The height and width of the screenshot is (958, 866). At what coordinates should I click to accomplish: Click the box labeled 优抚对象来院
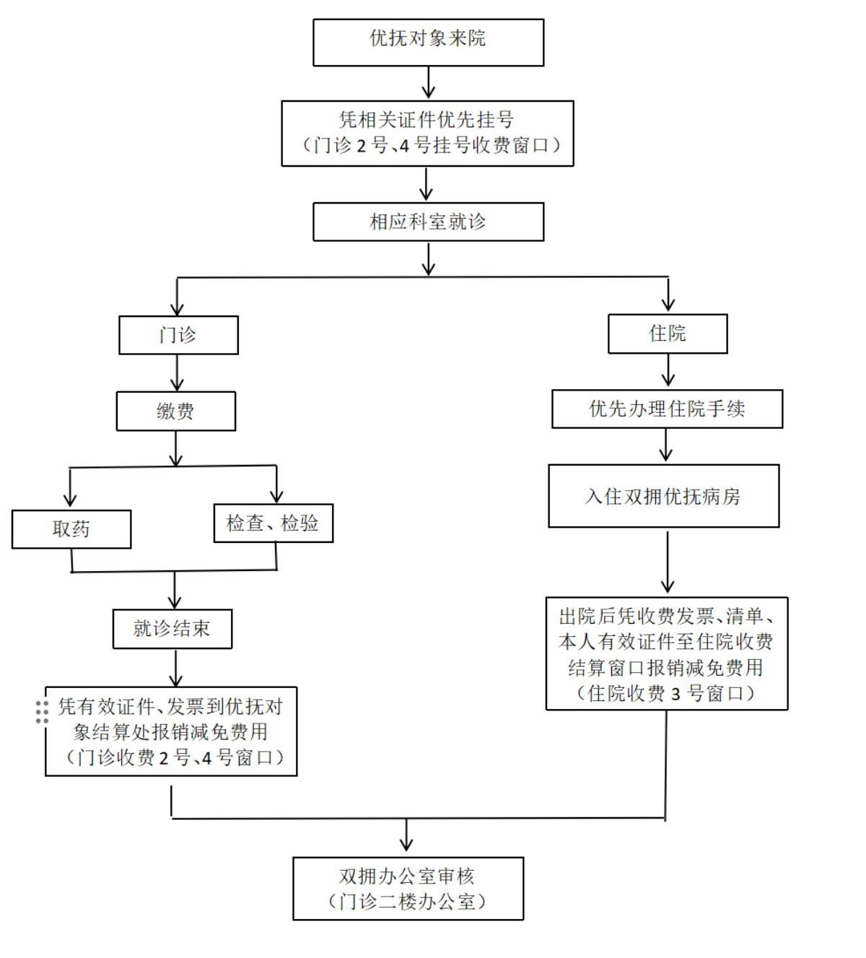click(x=428, y=43)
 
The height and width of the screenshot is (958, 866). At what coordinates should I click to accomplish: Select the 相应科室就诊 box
click(x=428, y=222)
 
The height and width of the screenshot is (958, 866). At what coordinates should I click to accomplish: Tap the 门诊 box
click(x=178, y=335)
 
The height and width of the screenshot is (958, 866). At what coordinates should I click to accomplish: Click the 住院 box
click(x=668, y=334)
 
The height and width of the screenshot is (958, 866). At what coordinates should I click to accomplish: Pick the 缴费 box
click(x=176, y=411)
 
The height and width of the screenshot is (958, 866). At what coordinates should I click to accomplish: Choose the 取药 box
click(x=71, y=529)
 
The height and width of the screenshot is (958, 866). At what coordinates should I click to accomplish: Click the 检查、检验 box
click(x=274, y=523)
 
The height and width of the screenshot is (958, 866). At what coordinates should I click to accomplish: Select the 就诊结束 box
click(x=172, y=629)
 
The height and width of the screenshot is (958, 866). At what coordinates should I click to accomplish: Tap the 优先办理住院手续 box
click(x=667, y=409)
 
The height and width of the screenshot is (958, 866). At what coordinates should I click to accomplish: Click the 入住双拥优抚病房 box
click(x=663, y=496)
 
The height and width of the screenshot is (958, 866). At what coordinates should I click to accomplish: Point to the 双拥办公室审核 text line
click(x=407, y=876)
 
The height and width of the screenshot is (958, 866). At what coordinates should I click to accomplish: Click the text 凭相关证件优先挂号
click(x=427, y=120)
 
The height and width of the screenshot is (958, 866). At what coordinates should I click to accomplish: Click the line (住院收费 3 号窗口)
click(x=665, y=694)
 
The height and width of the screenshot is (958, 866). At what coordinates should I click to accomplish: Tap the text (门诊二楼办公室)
click(x=407, y=902)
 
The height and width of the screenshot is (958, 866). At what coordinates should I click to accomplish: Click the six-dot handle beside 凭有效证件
click(x=42, y=712)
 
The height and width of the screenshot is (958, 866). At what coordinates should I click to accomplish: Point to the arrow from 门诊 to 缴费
click(x=177, y=373)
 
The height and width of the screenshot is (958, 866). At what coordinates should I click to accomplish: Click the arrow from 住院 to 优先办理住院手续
click(x=668, y=370)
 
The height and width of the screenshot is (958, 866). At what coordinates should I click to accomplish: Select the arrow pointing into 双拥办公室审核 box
click(x=406, y=836)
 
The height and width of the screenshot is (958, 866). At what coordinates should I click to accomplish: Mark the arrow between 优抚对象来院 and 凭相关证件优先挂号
click(x=428, y=83)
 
